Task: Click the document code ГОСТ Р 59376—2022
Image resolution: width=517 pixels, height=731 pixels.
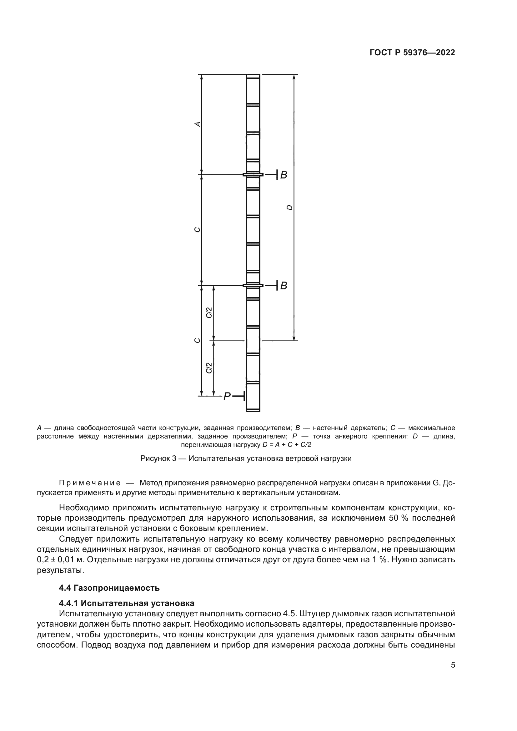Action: pyautogui.click(x=412, y=53)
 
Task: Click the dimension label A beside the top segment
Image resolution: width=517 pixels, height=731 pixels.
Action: pyautogui.click(x=197, y=124)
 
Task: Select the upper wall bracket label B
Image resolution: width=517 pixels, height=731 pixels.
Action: pyautogui.click(x=283, y=175)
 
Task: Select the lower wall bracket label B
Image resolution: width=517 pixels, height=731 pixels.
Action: pyautogui.click(x=283, y=286)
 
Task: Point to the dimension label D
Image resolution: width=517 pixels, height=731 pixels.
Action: pyautogui.click(x=289, y=208)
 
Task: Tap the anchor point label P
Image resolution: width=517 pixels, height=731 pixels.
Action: pyautogui.click(x=227, y=396)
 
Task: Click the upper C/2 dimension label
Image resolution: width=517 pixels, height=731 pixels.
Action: pyautogui.click(x=209, y=313)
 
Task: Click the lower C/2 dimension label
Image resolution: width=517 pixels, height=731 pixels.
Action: pyautogui.click(x=209, y=368)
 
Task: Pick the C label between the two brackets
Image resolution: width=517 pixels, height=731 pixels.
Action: pyautogui.click(x=197, y=230)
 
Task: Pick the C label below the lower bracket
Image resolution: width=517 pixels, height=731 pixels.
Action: pyautogui.click(x=197, y=340)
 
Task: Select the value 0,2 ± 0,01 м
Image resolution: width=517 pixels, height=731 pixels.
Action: pyautogui.click(x=65, y=560)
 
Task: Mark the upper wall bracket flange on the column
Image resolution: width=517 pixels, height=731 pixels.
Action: pyautogui.click(x=253, y=174)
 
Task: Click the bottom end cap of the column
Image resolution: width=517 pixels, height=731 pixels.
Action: pyautogui.click(x=253, y=411)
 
